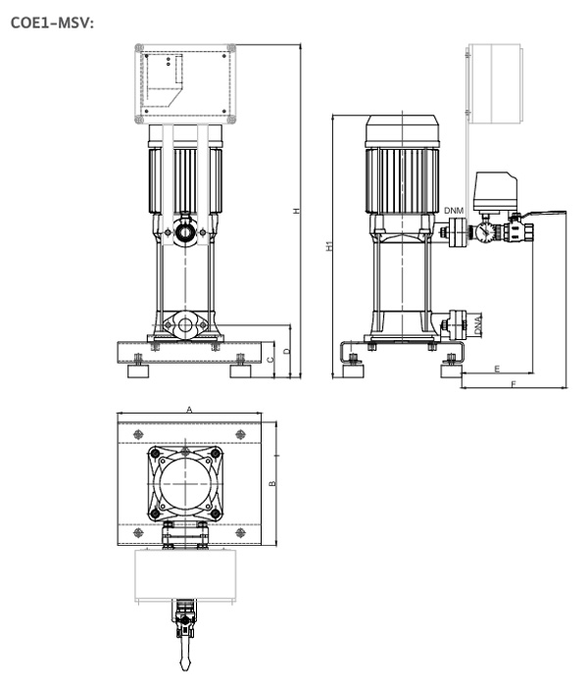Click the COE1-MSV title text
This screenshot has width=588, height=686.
52,23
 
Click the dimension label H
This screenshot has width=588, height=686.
297,211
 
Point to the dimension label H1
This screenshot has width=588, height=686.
329,246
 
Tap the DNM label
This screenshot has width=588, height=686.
454,211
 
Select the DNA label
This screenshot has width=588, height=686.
478,325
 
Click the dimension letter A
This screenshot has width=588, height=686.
189,410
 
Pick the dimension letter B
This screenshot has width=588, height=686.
272,483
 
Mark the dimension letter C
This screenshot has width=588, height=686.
269,360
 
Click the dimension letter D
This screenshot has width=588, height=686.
286,351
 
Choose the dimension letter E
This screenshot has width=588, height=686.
498,369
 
